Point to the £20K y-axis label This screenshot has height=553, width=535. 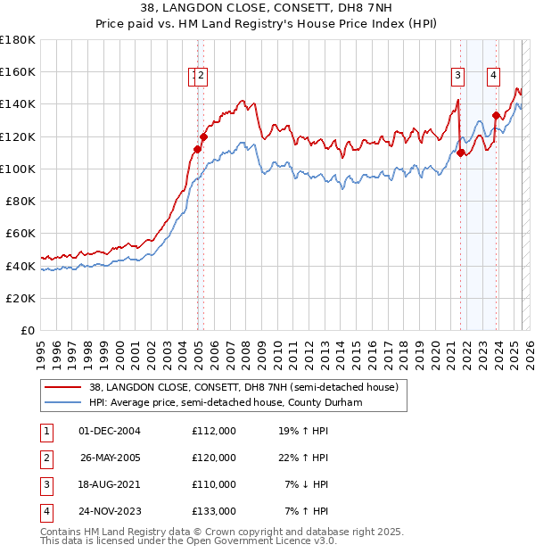click(21, 298)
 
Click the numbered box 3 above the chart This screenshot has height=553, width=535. click(457, 77)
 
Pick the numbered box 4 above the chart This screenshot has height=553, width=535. click(493, 77)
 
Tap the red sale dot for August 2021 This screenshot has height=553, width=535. click(461, 153)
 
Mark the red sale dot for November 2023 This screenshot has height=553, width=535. click(496, 115)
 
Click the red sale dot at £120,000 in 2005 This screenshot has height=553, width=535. click(203, 136)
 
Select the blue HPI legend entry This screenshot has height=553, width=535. click(222, 402)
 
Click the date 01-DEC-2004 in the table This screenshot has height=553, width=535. click(109, 431)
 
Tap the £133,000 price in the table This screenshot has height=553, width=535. click(213, 511)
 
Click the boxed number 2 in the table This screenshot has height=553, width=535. click(45, 458)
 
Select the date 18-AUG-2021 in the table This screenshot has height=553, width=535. click(109, 484)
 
